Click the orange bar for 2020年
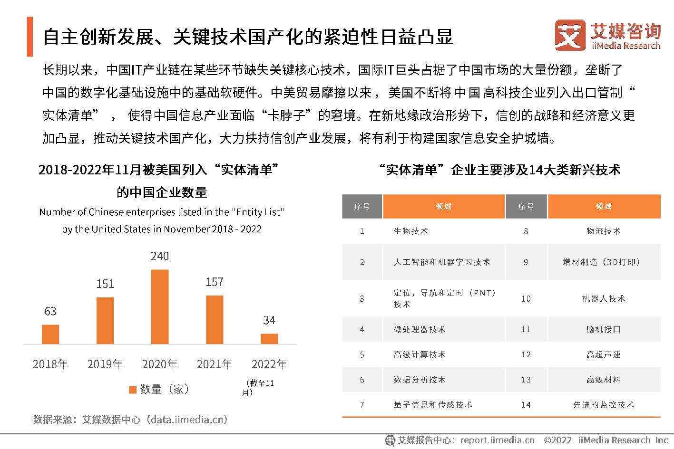tap(160, 306)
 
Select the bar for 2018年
tap(50, 334)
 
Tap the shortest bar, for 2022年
tap(269, 338)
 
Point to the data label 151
tap(105, 284)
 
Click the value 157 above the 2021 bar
tap(215, 282)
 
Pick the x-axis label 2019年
tap(105, 364)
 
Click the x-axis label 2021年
tap(215, 364)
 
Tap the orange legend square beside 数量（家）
tap(133, 390)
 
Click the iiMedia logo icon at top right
tap(569, 35)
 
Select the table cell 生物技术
tap(411, 231)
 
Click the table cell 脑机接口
tap(603, 329)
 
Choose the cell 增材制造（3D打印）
tap(601, 262)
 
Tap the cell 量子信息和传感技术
tap(433, 405)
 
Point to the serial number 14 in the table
tap(526, 405)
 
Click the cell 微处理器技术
tap(420, 329)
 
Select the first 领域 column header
tap(443, 206)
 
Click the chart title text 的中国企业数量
tap(162, 192)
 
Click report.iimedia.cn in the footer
tap(497, 440)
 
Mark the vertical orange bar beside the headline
tap(30, 37)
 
